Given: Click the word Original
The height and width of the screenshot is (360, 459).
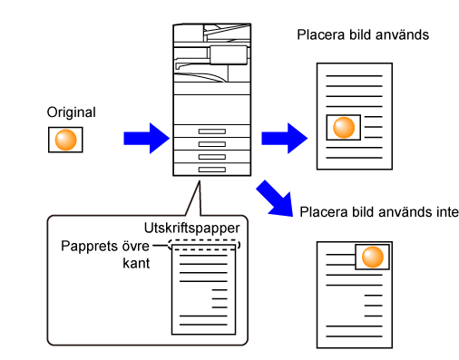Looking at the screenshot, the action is click(x=72, y=112).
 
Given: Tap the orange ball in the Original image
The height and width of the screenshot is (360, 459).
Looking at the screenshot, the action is click(x=65, y=140).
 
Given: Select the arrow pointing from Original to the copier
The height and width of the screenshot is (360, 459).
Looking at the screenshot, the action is click(x=146, y=139).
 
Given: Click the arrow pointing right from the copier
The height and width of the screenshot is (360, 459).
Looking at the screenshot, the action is click(x=284, y=139).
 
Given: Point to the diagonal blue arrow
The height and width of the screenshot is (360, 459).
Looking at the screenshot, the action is click(x=275, y=199).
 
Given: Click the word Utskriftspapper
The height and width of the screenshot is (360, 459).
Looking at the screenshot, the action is click(x=192, y=228).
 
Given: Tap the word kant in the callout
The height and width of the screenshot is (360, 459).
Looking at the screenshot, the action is click(x=136, y=263).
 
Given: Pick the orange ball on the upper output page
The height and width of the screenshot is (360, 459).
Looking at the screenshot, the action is click(x=344, y=127).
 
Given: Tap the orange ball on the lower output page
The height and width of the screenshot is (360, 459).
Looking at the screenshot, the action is click(x=373, y=257).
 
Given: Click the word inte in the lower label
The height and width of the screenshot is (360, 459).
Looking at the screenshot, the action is click(x=447, y=212).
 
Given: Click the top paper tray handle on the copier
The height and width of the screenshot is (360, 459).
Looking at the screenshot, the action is click(x=212, y=131).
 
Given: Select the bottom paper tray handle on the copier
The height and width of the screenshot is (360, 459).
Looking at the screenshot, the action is click(x=212, y=170).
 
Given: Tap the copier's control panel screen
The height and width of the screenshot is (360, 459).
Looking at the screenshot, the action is click(x=229, y=55).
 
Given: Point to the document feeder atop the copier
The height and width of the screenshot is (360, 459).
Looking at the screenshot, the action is click(x=212, y=33).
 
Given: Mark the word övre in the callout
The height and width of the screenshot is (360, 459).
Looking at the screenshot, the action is click(x=136, y=246).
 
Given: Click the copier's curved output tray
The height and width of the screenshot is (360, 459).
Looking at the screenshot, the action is click(x=200, y=77).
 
